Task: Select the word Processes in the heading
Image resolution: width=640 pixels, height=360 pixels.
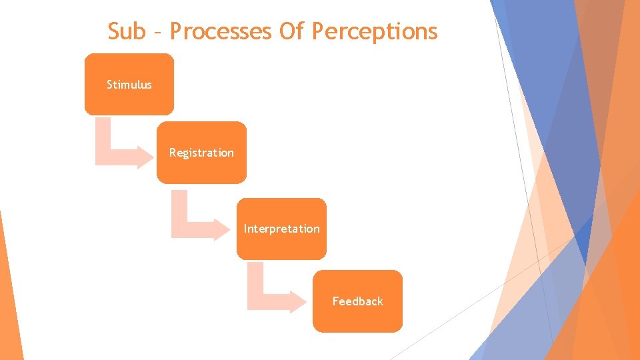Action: coord(221,31)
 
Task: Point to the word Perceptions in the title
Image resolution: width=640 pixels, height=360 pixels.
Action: coord(375,31)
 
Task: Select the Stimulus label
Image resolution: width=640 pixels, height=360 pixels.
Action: coord(129,85)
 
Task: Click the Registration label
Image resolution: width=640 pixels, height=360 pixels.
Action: coord(201,153)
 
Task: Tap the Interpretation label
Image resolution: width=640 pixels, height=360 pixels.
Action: coord(281,229)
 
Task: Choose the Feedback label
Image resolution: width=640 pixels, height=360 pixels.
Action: coord(358,301)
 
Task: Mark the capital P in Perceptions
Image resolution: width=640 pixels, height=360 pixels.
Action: coord(318,31)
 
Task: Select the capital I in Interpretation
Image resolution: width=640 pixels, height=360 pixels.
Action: coord(245,229)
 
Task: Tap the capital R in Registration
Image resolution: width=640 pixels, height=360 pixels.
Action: coord(173,153)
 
